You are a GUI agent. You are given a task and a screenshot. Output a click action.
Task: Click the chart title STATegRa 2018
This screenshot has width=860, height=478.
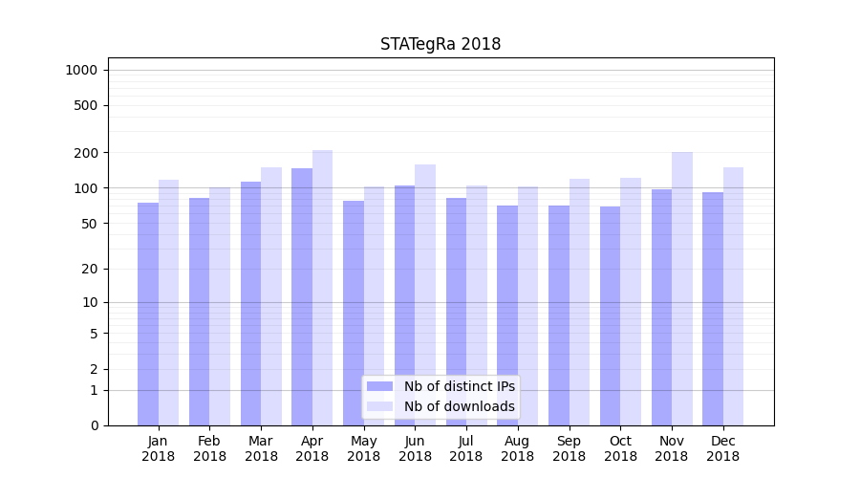click(441, 44)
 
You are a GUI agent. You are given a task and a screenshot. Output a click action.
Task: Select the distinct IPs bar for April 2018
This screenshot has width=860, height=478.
click(302, 296)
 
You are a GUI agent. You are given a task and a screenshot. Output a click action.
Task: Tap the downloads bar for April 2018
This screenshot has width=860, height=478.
click(322, 287)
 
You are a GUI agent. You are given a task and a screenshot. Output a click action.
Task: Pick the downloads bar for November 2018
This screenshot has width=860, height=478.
click(682, 287)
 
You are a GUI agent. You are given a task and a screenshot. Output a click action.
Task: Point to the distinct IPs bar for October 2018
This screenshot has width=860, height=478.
click(610, 315)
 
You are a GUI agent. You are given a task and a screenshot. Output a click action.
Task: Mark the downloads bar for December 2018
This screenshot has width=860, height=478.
click(733, 296)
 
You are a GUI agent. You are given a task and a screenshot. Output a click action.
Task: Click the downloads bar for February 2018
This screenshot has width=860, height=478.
click(220, 306)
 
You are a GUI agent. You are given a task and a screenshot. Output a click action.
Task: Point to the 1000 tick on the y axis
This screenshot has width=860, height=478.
click(81, 70)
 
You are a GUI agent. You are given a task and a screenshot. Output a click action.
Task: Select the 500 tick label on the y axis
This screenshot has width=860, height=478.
click(87, 105)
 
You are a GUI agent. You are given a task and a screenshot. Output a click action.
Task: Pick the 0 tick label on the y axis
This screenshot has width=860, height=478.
click(94, 425)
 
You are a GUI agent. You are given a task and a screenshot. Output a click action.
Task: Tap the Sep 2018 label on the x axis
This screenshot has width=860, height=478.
click(569, 448)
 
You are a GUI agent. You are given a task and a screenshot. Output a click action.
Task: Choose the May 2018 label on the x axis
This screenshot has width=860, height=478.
click(363, 448)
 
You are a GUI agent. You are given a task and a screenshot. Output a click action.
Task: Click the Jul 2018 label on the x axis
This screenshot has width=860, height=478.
click(466, 448)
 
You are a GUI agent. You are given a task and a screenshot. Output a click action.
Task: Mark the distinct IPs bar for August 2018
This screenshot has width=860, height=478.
click(507, 315)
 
